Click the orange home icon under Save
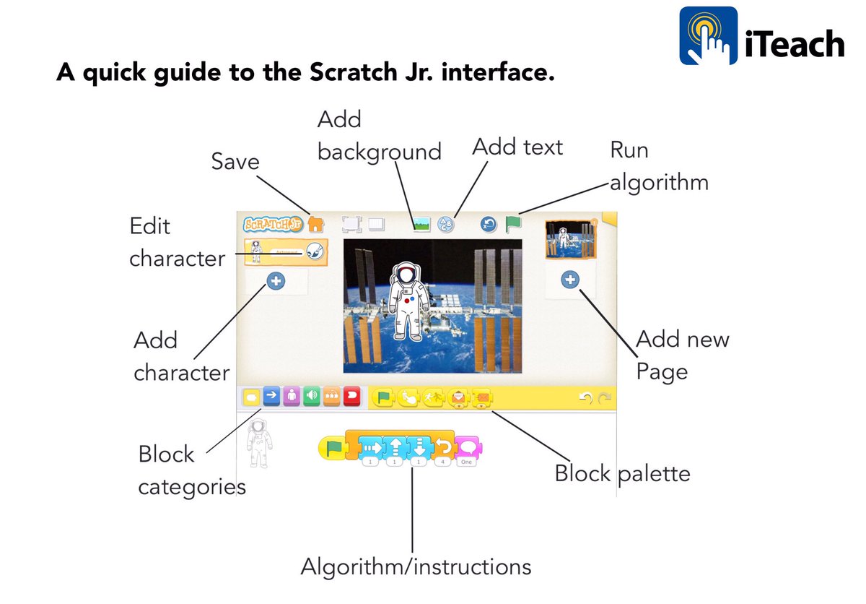pyautogui.click(x=315, y=224)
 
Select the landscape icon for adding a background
pyautogui.click(x=421, y=225)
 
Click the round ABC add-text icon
pyautogui.click(x=446, y=225)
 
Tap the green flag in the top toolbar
pyautogui.click(x=513, y=225)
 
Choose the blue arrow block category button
pyautogui.click(x=271, y=396)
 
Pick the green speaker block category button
pyautogui.click(x=312, y=396)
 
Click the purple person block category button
pyautogui.click(x=292, y=396)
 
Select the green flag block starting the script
pyautogui.click(x=333, y=448)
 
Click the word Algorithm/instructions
pyautogui.click(x=416, y=566)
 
